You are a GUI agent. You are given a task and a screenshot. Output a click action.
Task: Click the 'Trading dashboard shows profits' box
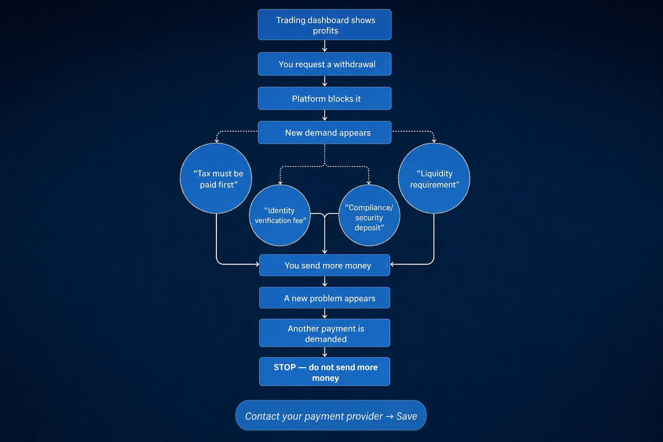pyautogui.click(x=325, y=25)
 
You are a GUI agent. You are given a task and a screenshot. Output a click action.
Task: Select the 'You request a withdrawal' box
pyautogui.click(x=325, y=64)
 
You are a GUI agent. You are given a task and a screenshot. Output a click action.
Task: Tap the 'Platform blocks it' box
pyautogui.click(x=325, y=98)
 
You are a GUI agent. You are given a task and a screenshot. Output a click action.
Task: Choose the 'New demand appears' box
pyautogui.click(x=325, y=133)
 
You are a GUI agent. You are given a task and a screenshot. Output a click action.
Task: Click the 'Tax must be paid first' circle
pyautogui.click(x=216, y=178)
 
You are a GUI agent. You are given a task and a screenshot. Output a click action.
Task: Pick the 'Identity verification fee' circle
pyautogui.click(x=280, y=215)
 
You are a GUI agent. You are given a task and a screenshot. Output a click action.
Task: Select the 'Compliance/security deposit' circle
pyautogui.click(x=369, y=215)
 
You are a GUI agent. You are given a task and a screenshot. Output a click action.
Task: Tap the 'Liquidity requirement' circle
pyautogui.click(x=434, y=178)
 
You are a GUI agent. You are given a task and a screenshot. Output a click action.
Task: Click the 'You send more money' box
pyautogui.click(x=325, y=265)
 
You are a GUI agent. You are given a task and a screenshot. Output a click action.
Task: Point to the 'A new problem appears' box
pyautogui.click(x=325, y=298)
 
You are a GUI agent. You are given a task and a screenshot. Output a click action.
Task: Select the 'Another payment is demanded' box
pyautogui.click(x=325, y=333)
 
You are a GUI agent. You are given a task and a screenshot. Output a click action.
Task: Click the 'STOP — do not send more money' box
pyautogui.click(x=325, y=372)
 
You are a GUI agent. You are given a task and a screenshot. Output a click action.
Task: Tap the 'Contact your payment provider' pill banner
pyautogui.click(x=331, y=415)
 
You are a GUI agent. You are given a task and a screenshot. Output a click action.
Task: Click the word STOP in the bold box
pyautogui.click(x=285, y=367)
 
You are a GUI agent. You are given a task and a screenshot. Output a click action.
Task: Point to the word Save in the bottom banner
pyautogui.click(x=407, y=416)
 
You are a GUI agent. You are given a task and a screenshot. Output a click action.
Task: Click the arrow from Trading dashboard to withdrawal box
pyautogui.click(x=325, y=46)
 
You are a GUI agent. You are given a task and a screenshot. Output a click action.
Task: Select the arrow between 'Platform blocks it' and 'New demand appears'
pyautogui.click(x=325, y=115)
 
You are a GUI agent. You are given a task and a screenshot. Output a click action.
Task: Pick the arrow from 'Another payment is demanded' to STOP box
pyautogui.click(x=325, y=352)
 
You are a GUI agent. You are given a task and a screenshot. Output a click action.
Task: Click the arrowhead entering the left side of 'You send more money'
pyautogui.click(x=258, y=264)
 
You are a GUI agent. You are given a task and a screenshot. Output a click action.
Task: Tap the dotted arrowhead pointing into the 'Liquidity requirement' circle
pyautogui.click(x=434, y=141)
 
